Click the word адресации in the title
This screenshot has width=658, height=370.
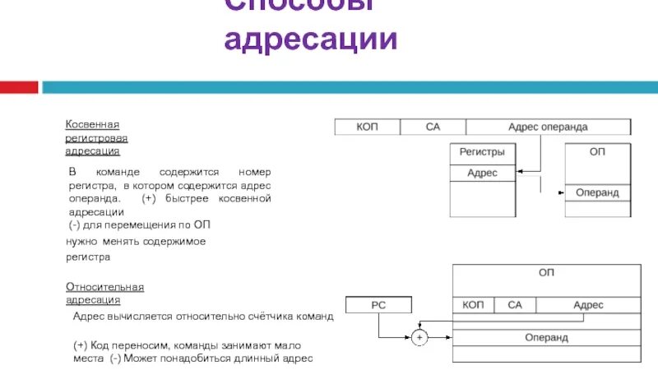(x=311, y=39)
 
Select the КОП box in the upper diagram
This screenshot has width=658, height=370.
(x=367, y=127)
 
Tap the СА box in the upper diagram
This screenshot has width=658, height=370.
(x=433, y=127)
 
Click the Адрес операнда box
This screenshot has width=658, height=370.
(x=548, y=127)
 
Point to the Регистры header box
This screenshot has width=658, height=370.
(x=482, y=153)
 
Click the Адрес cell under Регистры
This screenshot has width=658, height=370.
(x=482, y=173)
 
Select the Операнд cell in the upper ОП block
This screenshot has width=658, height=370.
(x=597, y=192)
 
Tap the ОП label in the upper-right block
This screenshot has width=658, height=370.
(x=597, y=153)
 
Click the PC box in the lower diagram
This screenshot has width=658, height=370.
(x=378, y=305)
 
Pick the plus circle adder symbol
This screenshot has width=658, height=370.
(x=419, y=337)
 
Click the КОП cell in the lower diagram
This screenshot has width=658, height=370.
(x=473, y=305)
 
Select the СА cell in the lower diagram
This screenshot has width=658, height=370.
(x=515, y=305)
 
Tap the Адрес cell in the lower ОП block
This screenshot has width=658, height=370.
(x=588, y=305)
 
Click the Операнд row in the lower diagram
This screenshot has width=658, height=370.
(x=546, y=337)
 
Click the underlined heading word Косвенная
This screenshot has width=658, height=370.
(x=93, y=124)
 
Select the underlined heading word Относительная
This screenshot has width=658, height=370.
(x=104, y=287)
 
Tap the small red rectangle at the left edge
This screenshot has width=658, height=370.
(x=19, y=86)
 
